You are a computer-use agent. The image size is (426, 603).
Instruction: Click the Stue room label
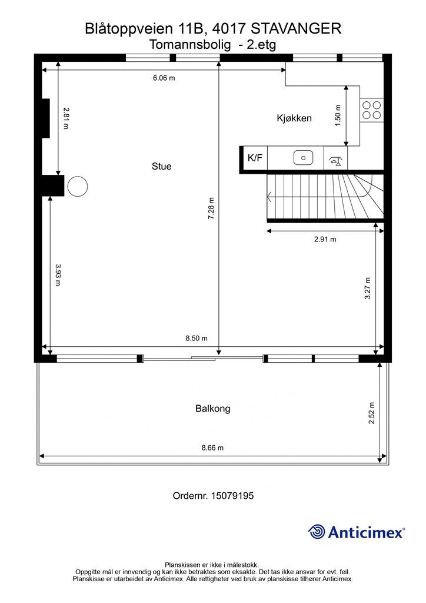coord(161,167)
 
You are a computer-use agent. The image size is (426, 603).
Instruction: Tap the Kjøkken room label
coord(294,118)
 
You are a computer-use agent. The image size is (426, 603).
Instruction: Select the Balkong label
coord(213,409)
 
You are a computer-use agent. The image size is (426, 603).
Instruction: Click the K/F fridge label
coord(255,157)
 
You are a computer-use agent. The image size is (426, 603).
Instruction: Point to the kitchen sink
coord(304,158)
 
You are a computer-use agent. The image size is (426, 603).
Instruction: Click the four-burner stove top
coord(372,110)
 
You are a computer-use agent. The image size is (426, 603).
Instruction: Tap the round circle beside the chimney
coord(78,186)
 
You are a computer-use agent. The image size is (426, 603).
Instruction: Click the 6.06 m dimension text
coord(164,78)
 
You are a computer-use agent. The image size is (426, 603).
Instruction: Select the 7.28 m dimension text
coord(211,208)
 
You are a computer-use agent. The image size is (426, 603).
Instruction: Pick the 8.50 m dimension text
coord(197,339)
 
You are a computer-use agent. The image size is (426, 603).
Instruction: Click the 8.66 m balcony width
coord(212,448)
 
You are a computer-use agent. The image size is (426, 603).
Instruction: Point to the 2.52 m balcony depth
coord(371,413)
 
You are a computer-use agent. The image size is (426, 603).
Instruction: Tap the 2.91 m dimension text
coord(325,239)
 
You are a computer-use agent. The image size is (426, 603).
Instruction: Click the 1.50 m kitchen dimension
coord(338,115)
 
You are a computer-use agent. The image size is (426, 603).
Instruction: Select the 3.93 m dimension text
coord(58,275)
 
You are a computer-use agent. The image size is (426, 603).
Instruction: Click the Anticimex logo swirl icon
coord(317,532)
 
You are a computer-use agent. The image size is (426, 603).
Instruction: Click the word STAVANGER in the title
coord(296,29)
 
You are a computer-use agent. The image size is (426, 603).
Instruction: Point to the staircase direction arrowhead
coord(270,197)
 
